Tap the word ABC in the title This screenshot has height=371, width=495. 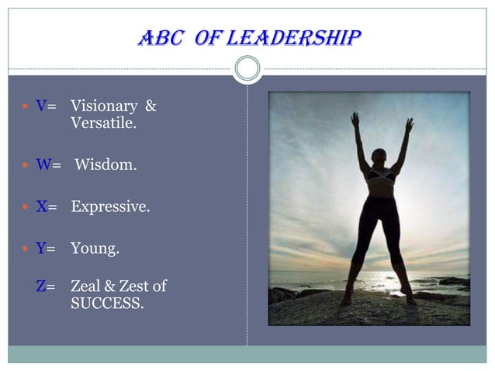[x=160, y=36]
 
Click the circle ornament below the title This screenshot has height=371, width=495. [x=247, y=69]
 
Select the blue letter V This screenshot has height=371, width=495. [x=41, y=106]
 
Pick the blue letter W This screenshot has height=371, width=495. [x=43, y=165]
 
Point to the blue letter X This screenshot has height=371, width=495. [x=41, y=207]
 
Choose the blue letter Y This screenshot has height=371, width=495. [x=41, y=249]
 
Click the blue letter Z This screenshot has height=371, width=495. [x=41, y=286]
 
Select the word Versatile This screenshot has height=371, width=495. [x=103, y=123]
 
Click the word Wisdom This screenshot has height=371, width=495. [x=106, y=165]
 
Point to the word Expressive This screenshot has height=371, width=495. [x=110, y=207]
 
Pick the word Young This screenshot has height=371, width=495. [x=95, y=249]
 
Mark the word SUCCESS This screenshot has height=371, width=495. [x=107, y=303]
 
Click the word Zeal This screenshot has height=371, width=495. [x=86, y=286]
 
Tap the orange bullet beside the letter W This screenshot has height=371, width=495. [x=26, y=165]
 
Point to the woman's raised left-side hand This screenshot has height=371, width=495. [x=355, y=119]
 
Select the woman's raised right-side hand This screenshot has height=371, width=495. [x=409, y=123]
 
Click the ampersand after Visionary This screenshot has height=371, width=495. [x=151, y=106]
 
